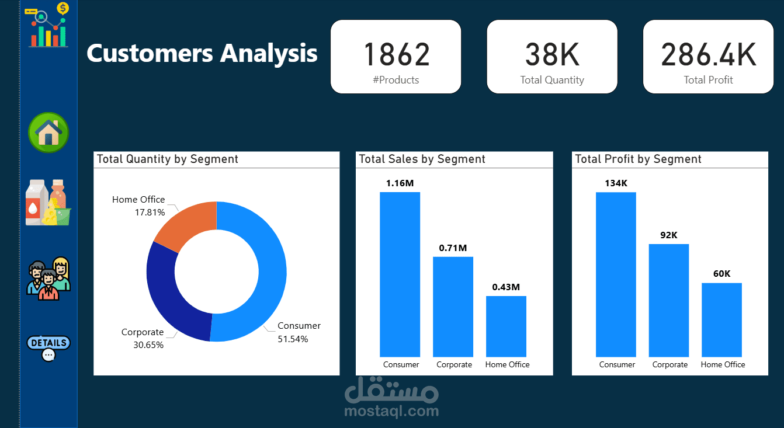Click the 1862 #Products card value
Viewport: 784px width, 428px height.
click(x=396, y=54)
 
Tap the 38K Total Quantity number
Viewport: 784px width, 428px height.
click(x=552, y=54)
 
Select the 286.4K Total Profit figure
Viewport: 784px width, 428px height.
click(x=708, y=54)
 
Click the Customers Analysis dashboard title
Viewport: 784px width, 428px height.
click(x=202, y=53)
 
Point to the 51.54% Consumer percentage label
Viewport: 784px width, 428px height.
click(x=293, y=339)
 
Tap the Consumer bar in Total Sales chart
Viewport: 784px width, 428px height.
click(x=400, y=274)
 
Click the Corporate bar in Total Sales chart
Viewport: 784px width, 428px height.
click(x=453, y=307)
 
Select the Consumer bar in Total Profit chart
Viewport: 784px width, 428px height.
click(x=616, y=274)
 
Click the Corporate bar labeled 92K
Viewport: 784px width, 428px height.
click(x=669, y=300)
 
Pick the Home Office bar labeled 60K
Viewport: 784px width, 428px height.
click(x=721, y=319)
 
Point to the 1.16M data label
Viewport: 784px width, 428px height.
click(x=400, y=183)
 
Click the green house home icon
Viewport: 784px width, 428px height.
click(x=48, y=133)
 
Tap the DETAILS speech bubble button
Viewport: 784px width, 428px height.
click(x=48, y=347)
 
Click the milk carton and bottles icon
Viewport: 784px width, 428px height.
click(x=48, y=203)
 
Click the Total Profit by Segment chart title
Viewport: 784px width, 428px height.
click(x=638, y=159)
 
